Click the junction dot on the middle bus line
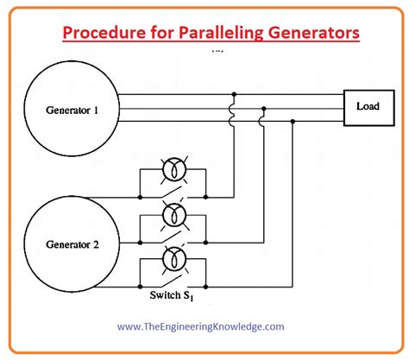263,108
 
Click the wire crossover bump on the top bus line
233,107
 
